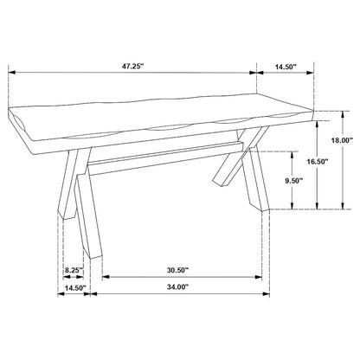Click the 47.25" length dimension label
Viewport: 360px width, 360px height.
tap(132, 66)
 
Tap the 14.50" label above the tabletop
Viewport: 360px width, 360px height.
tap(286, 67)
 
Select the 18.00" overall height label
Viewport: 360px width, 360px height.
tap(342, 140)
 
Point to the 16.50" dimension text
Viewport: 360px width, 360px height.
tap(318, 162)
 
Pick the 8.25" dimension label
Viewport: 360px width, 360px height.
tap(74, 270)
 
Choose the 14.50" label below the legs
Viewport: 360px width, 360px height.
tap(75, 287)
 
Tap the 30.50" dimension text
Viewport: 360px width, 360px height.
tap(177, 270)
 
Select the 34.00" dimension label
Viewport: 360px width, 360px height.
tap(177, 287)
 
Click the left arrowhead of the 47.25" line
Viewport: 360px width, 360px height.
tap(12, 73)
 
